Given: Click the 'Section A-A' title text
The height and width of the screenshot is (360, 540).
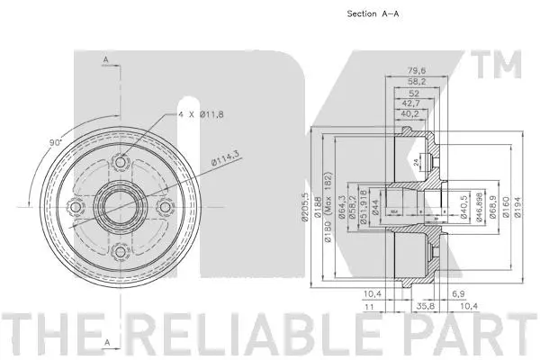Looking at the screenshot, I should (x=372, y=13).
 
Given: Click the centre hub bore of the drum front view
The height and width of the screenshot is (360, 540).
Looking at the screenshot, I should (x=118, y=210).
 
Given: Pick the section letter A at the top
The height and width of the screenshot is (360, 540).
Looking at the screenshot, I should (x=105, y=59).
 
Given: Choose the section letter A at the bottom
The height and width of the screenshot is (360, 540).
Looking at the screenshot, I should (x=105, y=343).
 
